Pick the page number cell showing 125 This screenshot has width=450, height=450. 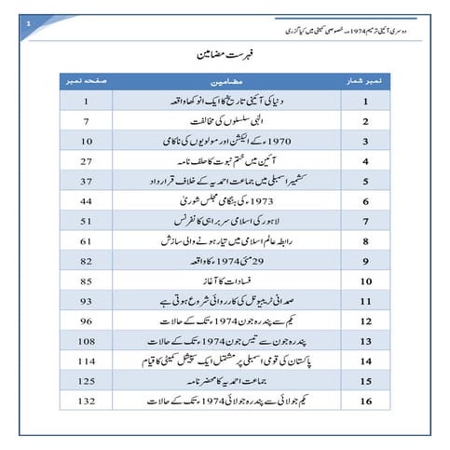(x=86, y=381)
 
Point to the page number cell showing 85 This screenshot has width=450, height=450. (x=86, y=280)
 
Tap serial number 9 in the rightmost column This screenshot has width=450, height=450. (x=367, y=260)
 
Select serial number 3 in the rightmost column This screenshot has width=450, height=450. (x=367, y=141)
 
